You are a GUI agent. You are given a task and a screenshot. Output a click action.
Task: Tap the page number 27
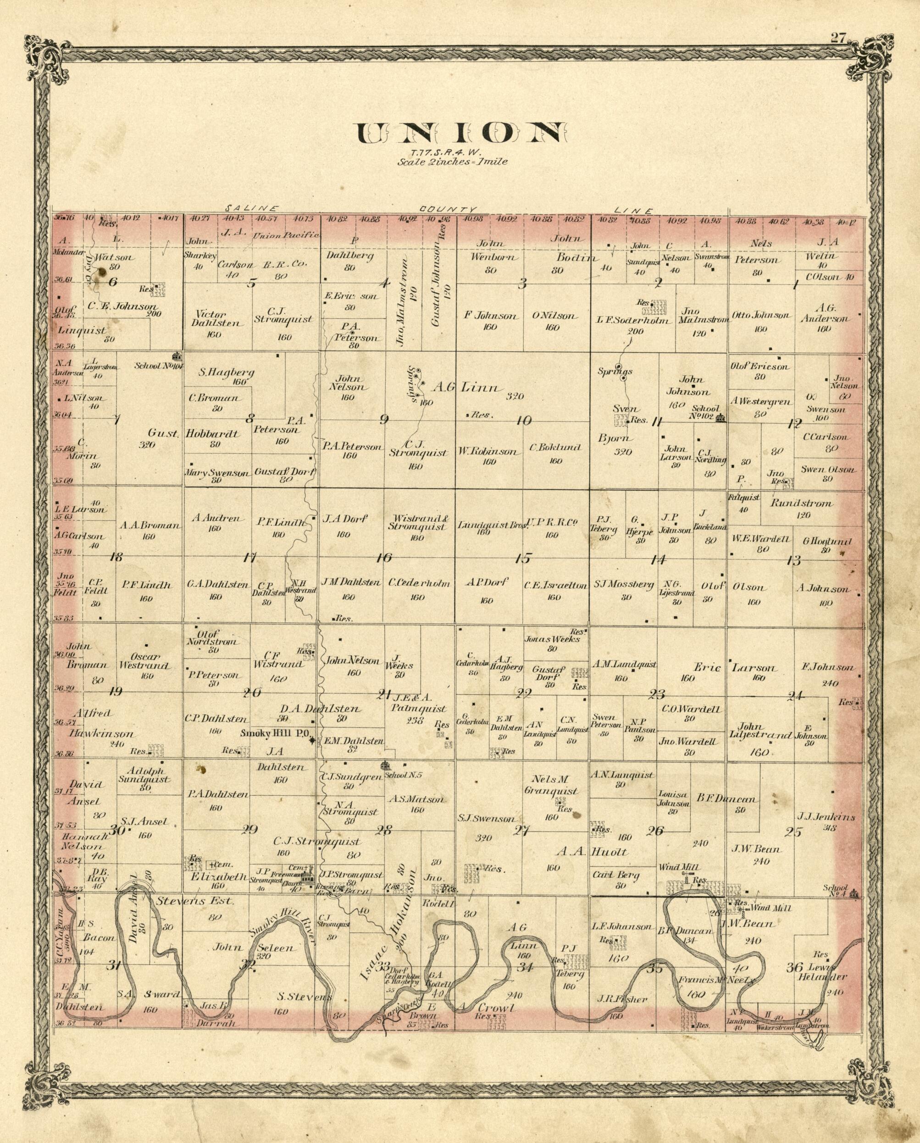pyautogui.click(x=838, y=38)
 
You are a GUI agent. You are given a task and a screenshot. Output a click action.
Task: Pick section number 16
pyautogui.click(x=384, y=558)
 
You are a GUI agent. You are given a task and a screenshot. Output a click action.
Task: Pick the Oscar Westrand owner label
pyautogui.click(x=144, y=660)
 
